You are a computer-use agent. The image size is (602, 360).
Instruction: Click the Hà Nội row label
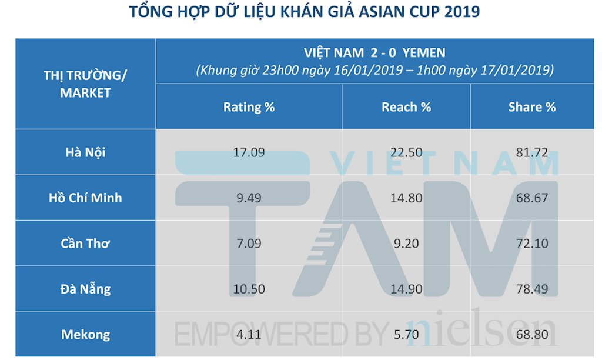[x=85, y=152]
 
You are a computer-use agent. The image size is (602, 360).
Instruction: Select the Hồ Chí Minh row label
[x=85, y=198]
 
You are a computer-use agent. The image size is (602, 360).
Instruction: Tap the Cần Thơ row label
[x=85, y=244]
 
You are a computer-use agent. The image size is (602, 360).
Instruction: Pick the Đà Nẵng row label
[x=85, y=289]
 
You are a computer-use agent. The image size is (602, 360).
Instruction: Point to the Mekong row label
[x=85, y=335]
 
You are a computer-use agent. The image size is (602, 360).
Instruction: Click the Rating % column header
[x=249, y=107]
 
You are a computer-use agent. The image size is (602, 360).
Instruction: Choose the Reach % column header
[x=406, y=107]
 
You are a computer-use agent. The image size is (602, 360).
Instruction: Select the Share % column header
[x=531, y=107]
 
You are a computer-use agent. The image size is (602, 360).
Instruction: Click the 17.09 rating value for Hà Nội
[x=249, y=152]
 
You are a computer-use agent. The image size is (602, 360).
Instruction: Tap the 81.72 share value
[x=531, y=152]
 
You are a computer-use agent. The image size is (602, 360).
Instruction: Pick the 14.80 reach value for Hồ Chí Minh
[x=406, y=198]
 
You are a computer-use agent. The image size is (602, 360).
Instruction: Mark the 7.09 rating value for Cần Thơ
[x=249, y=244]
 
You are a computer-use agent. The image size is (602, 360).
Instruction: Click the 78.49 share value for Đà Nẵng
[x=531, y=289]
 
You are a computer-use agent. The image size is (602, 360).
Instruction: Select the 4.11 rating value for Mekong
[x=249, y=335]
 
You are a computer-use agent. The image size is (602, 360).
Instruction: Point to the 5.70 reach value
[x=406, y=335]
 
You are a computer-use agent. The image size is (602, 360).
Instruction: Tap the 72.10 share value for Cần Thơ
[x=531, y=244]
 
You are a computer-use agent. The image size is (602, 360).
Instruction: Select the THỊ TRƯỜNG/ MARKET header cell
[x=85, y=84]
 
